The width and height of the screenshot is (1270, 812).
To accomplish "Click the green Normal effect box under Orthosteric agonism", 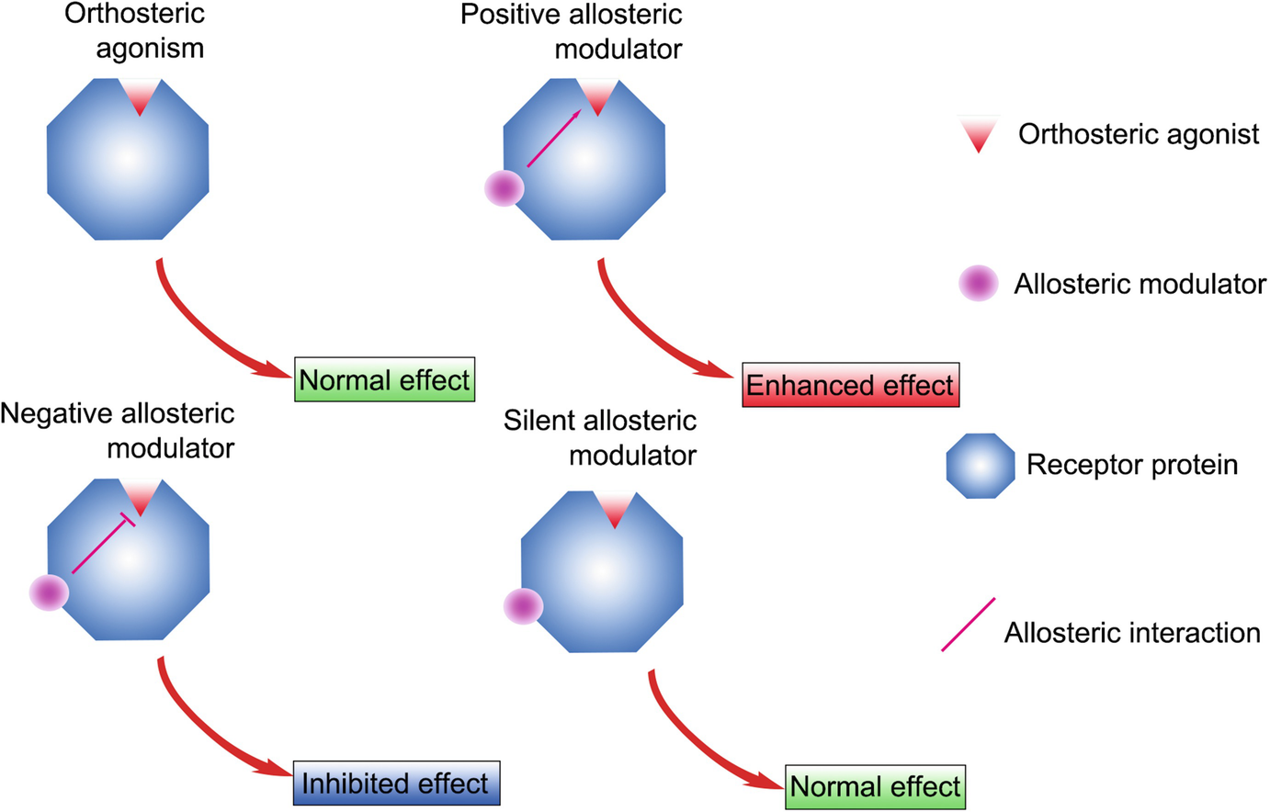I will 385,379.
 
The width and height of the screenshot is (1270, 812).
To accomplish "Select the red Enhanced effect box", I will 850,385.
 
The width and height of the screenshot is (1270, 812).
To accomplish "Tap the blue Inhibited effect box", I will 396,784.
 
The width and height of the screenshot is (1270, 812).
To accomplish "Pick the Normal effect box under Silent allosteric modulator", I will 875,787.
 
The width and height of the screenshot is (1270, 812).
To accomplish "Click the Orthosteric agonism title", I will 136,30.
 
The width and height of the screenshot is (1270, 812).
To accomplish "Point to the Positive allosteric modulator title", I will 572,30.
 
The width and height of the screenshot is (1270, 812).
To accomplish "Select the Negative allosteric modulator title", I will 118,430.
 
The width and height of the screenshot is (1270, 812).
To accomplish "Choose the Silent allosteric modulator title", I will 600,437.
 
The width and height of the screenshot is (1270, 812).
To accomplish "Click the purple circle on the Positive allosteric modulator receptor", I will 505,188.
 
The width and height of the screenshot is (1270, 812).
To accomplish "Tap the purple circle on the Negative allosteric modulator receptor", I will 50,592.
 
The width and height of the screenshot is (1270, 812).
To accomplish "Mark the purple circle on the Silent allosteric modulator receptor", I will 524,606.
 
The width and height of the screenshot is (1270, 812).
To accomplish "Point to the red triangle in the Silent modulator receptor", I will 614,508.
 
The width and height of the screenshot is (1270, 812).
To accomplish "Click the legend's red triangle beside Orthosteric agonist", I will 978,134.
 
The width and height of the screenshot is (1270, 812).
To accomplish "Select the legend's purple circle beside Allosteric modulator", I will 978,284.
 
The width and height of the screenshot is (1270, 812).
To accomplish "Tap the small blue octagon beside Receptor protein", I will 981,466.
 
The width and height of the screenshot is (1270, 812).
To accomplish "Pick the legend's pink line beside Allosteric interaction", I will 969,625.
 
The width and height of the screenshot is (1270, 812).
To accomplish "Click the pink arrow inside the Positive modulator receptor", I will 553,139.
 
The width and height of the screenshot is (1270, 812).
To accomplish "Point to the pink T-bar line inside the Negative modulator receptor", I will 101,546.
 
